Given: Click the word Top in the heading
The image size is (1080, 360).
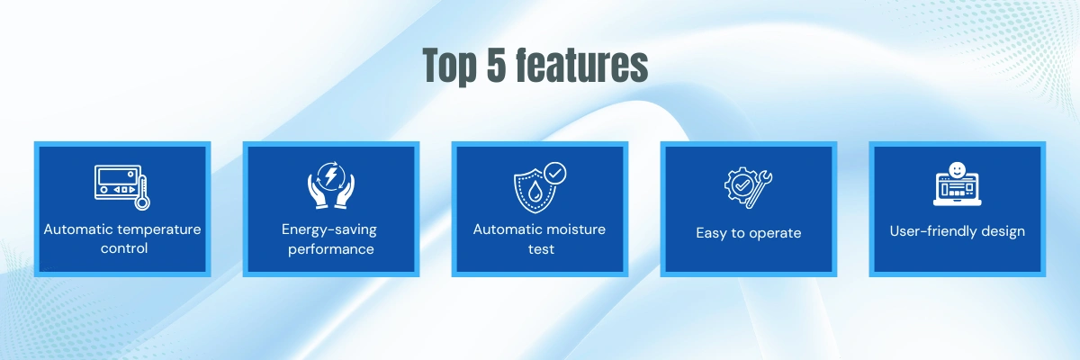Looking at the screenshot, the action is pos(449,66).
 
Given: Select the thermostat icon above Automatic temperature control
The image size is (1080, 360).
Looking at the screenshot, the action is pos(122,187).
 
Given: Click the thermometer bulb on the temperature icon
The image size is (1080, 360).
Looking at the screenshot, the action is pos(142,202).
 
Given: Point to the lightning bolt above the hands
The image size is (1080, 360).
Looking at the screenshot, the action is pos(331,175).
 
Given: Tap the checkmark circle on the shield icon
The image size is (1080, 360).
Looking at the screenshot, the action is pos(555,174).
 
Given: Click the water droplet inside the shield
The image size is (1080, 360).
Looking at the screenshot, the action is pos(535,192).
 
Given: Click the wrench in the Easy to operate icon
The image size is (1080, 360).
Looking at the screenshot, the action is pos(760,190).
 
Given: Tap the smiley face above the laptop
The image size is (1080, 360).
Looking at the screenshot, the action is pos(957,169).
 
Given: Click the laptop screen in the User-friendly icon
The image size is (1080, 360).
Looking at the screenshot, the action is pos(957,187).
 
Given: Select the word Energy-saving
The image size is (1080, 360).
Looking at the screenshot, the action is pos(329,229).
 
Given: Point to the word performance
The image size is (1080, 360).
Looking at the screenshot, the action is pos(331,249).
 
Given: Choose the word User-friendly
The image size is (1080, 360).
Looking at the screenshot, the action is pos(927,230).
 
